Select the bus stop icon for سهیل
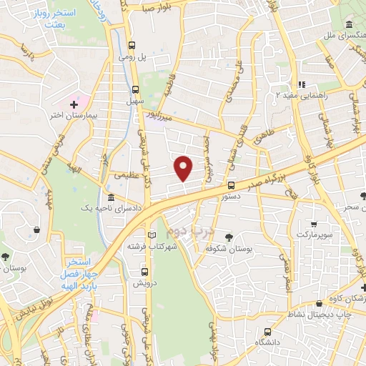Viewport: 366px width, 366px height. coord(135,89)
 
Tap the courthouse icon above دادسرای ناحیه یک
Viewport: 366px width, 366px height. coord(109,197)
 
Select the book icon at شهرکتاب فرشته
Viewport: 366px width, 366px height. coord(151,235)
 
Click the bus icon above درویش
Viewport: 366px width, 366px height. coord(145,272)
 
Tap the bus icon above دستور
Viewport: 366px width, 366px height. coord(229,184)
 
